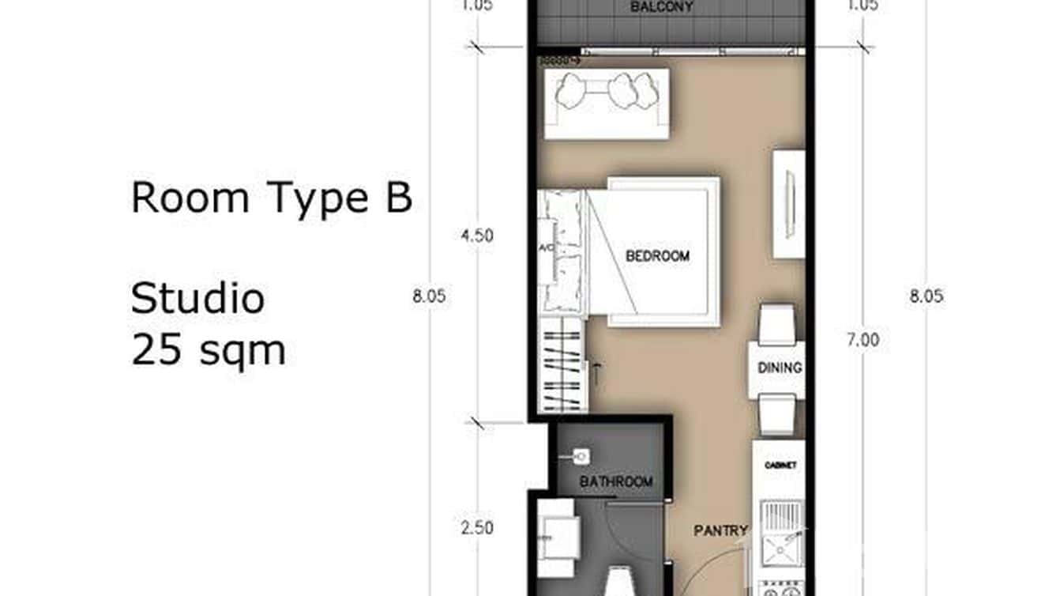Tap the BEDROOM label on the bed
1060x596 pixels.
657,256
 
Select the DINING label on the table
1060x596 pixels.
780,368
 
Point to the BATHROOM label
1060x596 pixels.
616,481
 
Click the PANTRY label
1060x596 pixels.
720,531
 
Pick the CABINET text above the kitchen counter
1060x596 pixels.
780,466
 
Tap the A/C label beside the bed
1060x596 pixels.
545,249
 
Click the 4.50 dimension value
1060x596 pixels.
477,236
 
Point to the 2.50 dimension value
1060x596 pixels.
477,527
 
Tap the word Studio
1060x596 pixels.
197,299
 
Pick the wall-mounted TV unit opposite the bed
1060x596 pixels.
788,203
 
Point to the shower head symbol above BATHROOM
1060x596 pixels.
581,456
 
